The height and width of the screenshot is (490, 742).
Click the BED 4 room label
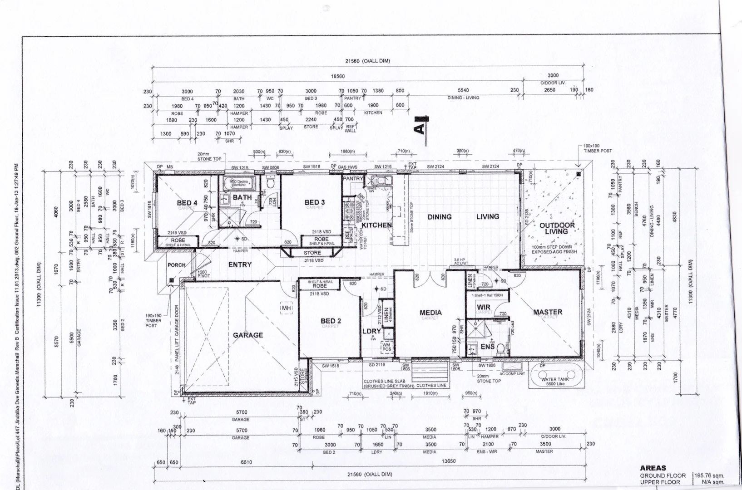tap(187, 203)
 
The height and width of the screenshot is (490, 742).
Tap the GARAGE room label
tap(248, 335)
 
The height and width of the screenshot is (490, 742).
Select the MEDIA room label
tap(430, 312)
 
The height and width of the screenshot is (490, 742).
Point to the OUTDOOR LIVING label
tap(557, 228)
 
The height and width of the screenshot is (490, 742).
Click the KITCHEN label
tap(376, 225)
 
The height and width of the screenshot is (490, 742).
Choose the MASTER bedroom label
tap(548, 312)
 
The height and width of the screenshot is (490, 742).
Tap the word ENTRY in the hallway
tap(240, 265)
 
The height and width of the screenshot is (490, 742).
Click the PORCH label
tap(176, 265)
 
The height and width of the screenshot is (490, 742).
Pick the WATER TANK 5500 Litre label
tap(554, 381)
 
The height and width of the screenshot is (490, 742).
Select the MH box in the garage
tap(286, 309)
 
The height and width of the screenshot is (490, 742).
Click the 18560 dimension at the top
tap(337, 76)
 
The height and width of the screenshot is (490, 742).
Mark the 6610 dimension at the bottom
tap(246, 462)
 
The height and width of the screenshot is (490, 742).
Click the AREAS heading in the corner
tap(653, 468)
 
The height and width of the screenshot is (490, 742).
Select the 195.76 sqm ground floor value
tap(709, 475)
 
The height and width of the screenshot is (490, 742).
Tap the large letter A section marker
tap(420, 128)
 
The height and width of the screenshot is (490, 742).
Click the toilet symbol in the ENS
tap(500, 348)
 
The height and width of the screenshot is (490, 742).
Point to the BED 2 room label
tap(331, 321)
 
